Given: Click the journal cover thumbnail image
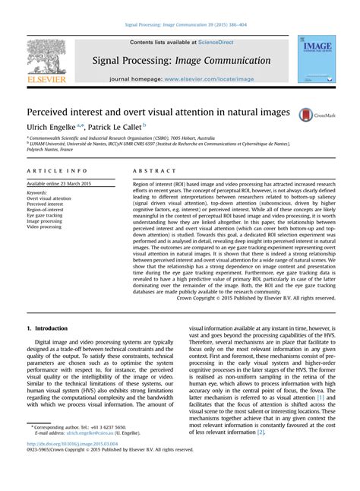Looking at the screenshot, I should (x=314, y=59).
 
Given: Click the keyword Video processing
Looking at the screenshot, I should (x=46, y=227).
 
